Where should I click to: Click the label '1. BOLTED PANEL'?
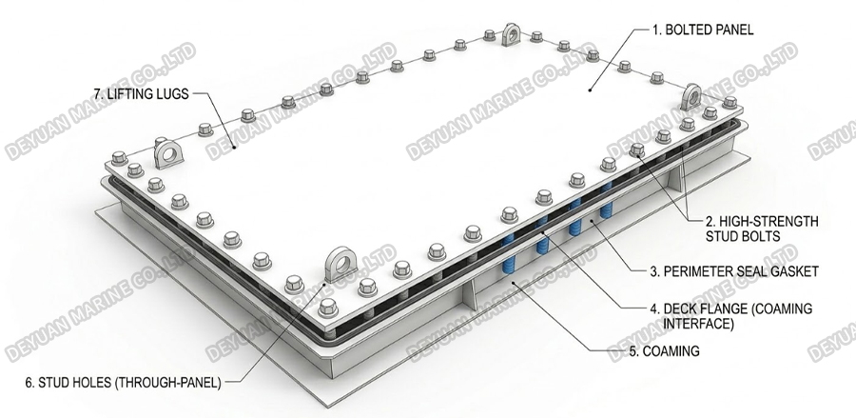coord(703,30)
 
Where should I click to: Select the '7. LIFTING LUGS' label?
coord(141,93)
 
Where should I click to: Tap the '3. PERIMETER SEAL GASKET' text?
coord(734,271)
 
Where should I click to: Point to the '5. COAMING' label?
coord(664,350)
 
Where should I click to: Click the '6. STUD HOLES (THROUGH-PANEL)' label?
coord(123,383)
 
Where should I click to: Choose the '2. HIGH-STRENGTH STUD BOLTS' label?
coord(762,229)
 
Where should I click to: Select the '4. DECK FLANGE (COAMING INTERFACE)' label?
coord(731,316)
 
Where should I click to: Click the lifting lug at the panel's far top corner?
coord(512,34)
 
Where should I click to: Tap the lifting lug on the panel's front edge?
coord(340,265)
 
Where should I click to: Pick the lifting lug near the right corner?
coord(692,97)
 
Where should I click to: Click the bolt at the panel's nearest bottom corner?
coord(328,308)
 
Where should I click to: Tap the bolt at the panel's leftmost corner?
coord(120,158)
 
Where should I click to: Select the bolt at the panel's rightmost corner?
coord(730,102)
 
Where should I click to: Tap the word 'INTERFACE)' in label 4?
coord(698,324)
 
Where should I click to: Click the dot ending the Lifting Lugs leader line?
coord(233,147)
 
